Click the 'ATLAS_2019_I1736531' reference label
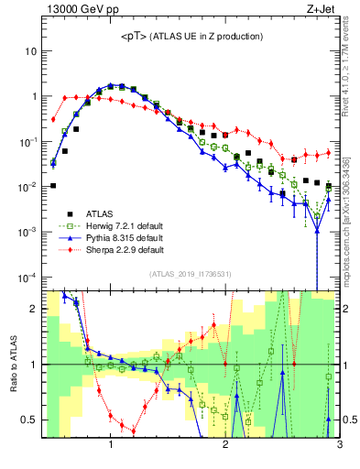[x=191, y=274]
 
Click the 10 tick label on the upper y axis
[x=29, y=51]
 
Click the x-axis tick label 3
[x=340, y=446]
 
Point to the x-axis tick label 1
[x=111, y=446]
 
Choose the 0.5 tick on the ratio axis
[x=28, y=420]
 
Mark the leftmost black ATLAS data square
[x=53, y=185]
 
